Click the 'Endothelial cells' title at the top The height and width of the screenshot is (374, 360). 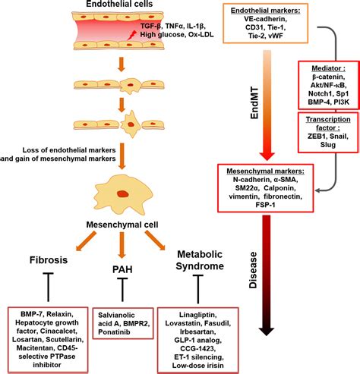pyautogui.click(x=119, y=4)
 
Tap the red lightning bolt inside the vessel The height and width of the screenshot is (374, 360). pyautogui.click(x=131, y=35)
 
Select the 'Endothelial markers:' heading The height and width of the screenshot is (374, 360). pyautogui.click(x=266, y=11)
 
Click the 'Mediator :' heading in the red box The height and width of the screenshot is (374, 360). pyautogui.click(x=328, y=68)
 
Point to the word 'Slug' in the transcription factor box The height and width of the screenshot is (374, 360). pyautogui.click(x=328, y=145)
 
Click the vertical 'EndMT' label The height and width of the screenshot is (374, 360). pyautogui.click(x=254, y=103)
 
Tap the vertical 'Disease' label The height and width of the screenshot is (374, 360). pyautogui.click(x=253, y=270)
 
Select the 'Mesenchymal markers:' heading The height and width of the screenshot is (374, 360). pyautogui.click(x=266, y=171)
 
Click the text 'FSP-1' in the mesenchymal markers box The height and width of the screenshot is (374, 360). pyautogui.click(x=265, y=205)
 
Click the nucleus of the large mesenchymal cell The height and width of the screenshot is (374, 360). pyautogui.click(x=123, y=194)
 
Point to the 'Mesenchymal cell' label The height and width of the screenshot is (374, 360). pyautogui.click(x=122, y=225)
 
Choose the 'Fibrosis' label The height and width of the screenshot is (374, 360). pyautogui.click(x=49, y=260)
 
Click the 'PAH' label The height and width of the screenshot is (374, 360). pyautogui.click(x=122, y=269)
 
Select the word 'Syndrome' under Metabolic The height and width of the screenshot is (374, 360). pyautogui.click(x=200, y=266)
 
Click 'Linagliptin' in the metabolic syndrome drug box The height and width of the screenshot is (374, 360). pyautogui.click(x=197, y=315)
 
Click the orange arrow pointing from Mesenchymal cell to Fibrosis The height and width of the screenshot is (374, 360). pyautogui.click(x=86, y=241)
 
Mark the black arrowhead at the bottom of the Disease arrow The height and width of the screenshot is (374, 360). pyautogui.click(x=266, y=332)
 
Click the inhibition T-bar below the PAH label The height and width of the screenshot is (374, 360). pyautogui.click(x=122, y=290)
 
